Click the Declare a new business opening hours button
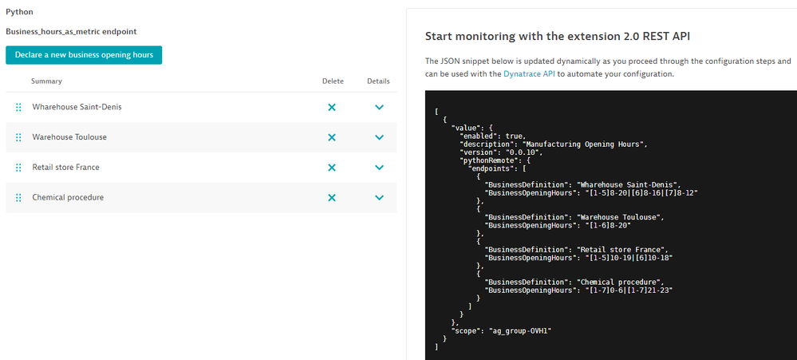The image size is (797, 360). pos(84,55)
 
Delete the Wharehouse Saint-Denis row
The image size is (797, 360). pos(332,107)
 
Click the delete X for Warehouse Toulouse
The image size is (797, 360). pos(332,137)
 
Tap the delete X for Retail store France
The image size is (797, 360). pos(332,168)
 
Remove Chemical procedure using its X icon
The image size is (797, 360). pos(332,197)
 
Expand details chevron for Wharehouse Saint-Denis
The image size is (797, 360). pos(379,107)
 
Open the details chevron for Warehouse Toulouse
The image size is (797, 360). pos(379,137)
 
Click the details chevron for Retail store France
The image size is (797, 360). pos(379,168)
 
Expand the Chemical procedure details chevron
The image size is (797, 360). pos(379,197)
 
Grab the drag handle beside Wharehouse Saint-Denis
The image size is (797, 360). pos(18,107)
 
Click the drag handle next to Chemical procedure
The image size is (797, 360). pos(18,197)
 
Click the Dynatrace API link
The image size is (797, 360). pos(528,73)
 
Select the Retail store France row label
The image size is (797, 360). pos(65,168)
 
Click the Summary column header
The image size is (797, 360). pos(46,81)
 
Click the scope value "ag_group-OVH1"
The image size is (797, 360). pos(520,330)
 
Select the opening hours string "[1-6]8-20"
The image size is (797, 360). pos(606,225)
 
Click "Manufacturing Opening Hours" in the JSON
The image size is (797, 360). pos(585,144)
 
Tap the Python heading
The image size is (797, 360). pos(16,11)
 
